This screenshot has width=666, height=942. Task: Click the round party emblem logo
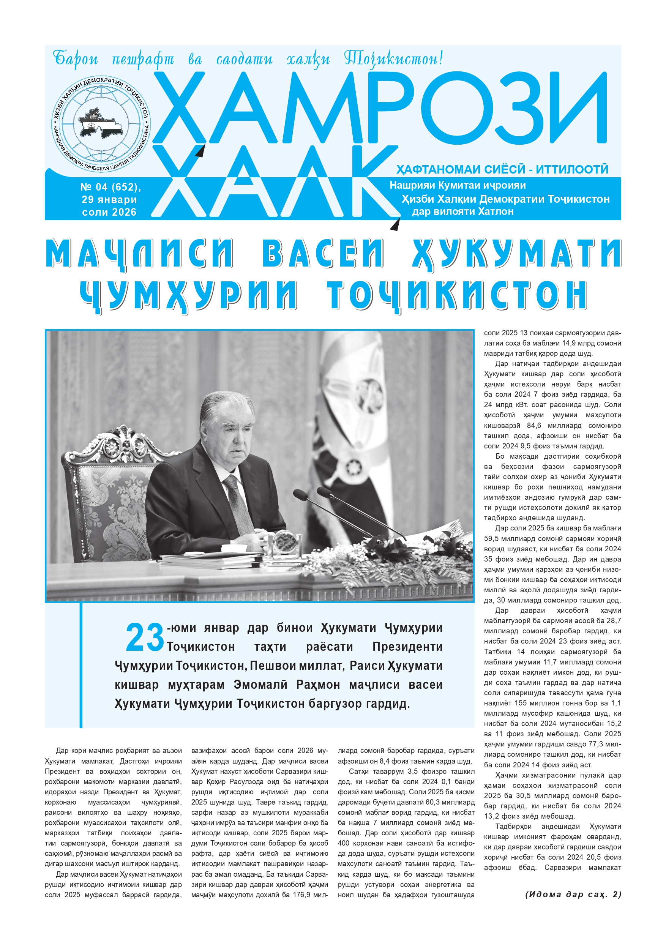101,123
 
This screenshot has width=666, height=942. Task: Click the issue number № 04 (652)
110,187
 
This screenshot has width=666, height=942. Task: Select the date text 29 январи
109,200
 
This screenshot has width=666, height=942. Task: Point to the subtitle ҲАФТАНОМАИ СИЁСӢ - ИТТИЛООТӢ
502,169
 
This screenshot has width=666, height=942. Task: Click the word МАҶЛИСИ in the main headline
139,253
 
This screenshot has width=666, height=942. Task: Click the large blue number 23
144,637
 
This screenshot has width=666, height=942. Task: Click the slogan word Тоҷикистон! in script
393,59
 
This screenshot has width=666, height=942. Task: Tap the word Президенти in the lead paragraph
407,647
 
